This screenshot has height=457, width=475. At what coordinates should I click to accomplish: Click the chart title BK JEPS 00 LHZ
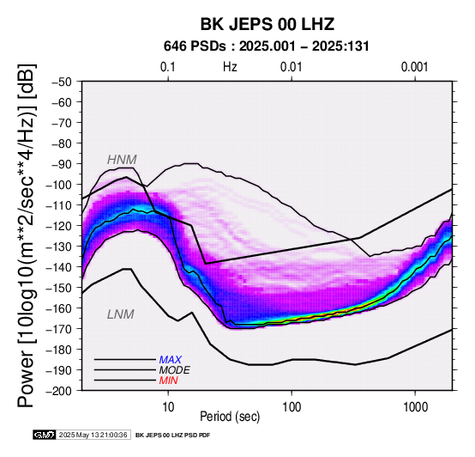[268, 24]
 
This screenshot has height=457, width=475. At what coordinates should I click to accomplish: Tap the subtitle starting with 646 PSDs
[267, 46]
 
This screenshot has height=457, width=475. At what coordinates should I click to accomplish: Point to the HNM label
[122, 160]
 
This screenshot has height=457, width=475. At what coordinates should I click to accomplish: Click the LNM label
[121, 314]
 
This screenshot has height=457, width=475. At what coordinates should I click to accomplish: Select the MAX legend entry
[170, 360]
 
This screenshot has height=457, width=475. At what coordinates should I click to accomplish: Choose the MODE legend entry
[175, 370]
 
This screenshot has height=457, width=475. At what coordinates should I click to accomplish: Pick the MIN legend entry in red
[168, 381]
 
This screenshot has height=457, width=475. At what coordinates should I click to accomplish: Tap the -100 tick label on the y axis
[59, 185]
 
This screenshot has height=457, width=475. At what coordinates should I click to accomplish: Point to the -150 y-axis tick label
[59, 288]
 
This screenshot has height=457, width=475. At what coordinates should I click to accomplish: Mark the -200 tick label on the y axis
[59, 391]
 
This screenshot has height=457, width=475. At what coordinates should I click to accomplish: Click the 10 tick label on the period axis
[168, 407]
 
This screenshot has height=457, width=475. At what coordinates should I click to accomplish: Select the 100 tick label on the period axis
[292, 407]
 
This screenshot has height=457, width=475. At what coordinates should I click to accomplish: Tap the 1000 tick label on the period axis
[415, 407]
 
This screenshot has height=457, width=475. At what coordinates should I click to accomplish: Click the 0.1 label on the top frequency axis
[168, 67]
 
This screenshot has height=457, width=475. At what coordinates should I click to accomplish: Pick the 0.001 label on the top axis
[414, 67]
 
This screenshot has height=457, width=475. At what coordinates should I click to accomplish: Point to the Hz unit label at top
[230, 67]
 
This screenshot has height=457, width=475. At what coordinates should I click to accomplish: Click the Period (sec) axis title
[230, 417]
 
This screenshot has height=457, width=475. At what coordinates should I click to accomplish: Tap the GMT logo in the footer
[45, 435]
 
